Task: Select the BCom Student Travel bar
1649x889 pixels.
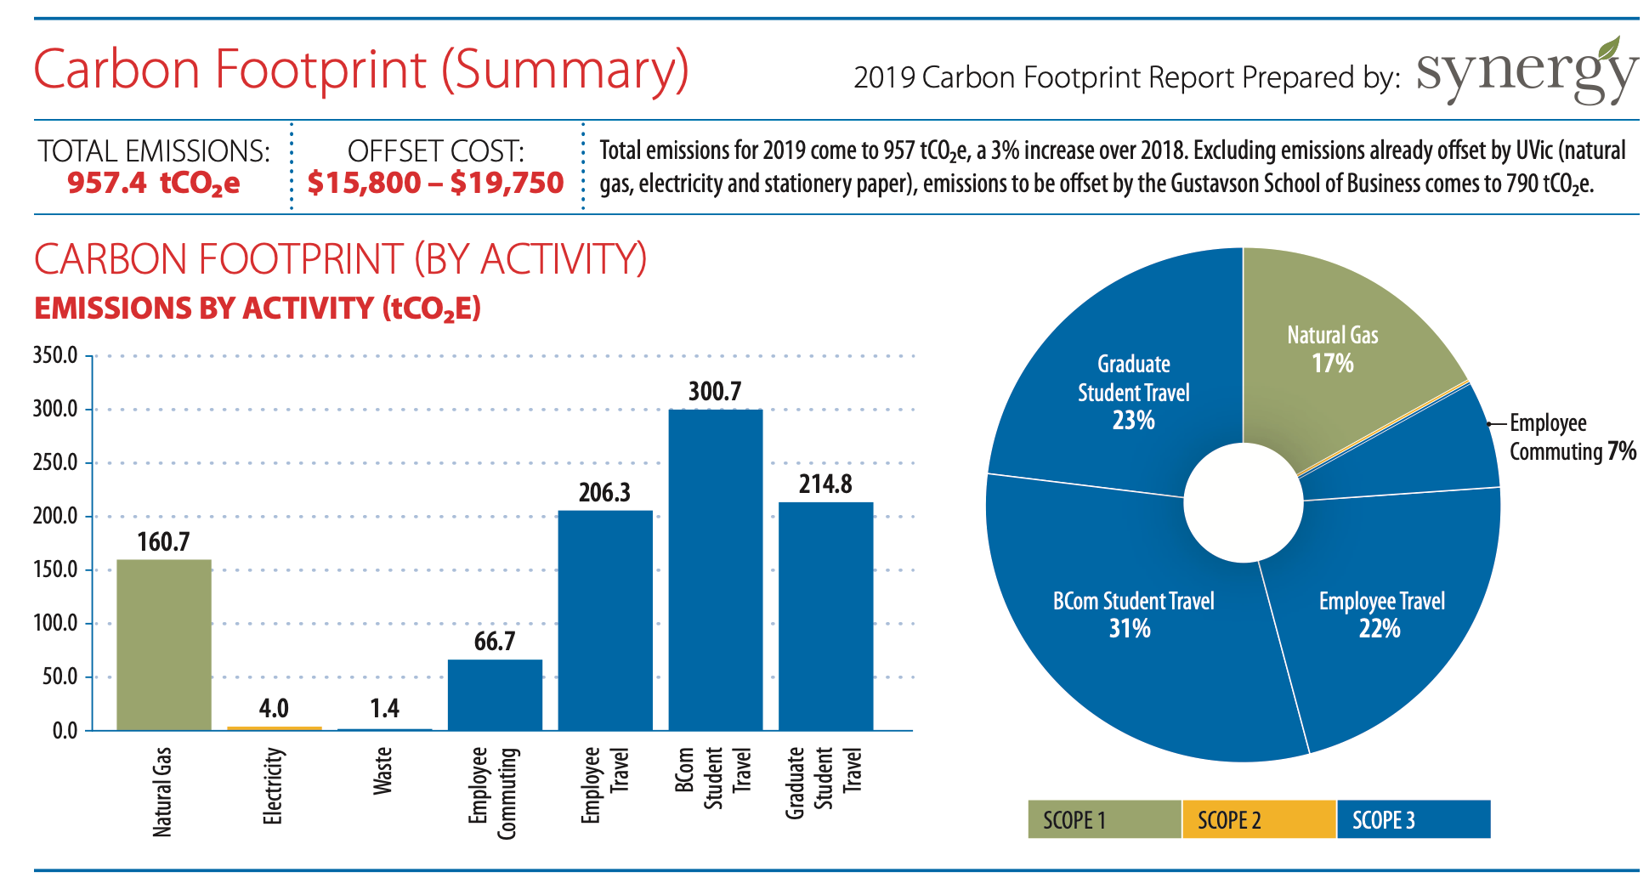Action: click(x=715, y=569)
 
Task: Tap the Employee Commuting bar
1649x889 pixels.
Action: click(x=495, y=694)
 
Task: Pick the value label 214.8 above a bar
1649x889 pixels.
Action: click(x=824, y=484)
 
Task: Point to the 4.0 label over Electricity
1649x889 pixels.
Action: click(x=274, y=708)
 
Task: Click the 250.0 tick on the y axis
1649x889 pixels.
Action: click(x=55, y=463)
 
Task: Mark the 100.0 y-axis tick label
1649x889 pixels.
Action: click(x=55, y=623)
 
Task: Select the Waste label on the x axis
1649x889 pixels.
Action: click(x=382, y=771)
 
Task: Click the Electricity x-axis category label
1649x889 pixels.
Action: click(x=272, y=786)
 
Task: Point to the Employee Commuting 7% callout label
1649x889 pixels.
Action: click(x=1571, y=437)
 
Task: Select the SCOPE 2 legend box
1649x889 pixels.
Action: click(x=1258, y=819)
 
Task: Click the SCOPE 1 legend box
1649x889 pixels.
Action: click(x=1103, y=819)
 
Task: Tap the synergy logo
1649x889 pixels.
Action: click(x=1526, y=72)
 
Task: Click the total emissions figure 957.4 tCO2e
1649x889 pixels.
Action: click(x=154, y=183)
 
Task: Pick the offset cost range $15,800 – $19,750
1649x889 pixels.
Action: click(x=435, y=183)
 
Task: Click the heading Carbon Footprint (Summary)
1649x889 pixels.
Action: click(x=361, y=70)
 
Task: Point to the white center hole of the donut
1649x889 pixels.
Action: click(x=1243, y=502)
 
